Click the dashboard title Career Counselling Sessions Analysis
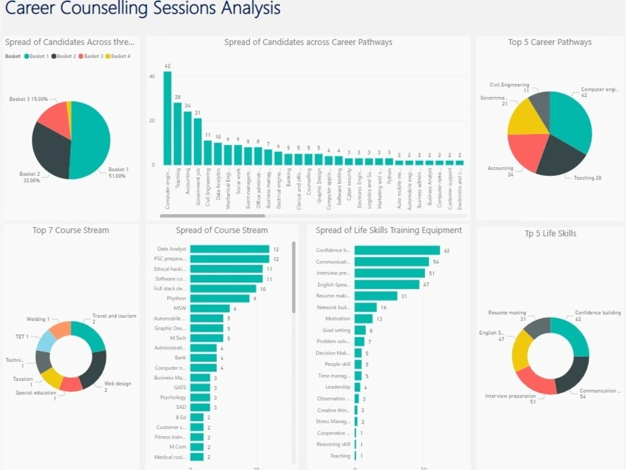(143, 9)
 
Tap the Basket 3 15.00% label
(28, 99)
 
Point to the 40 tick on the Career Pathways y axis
(151, 76)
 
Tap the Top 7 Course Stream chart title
(71, 230)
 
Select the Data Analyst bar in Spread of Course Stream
(229, 249)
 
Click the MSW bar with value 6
(210, 309)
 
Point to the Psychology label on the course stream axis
(173, 397)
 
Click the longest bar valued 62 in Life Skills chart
(397, 250)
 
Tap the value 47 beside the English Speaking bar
(426, 285)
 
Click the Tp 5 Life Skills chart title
(550, 233)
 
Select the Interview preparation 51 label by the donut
(510, 399)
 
